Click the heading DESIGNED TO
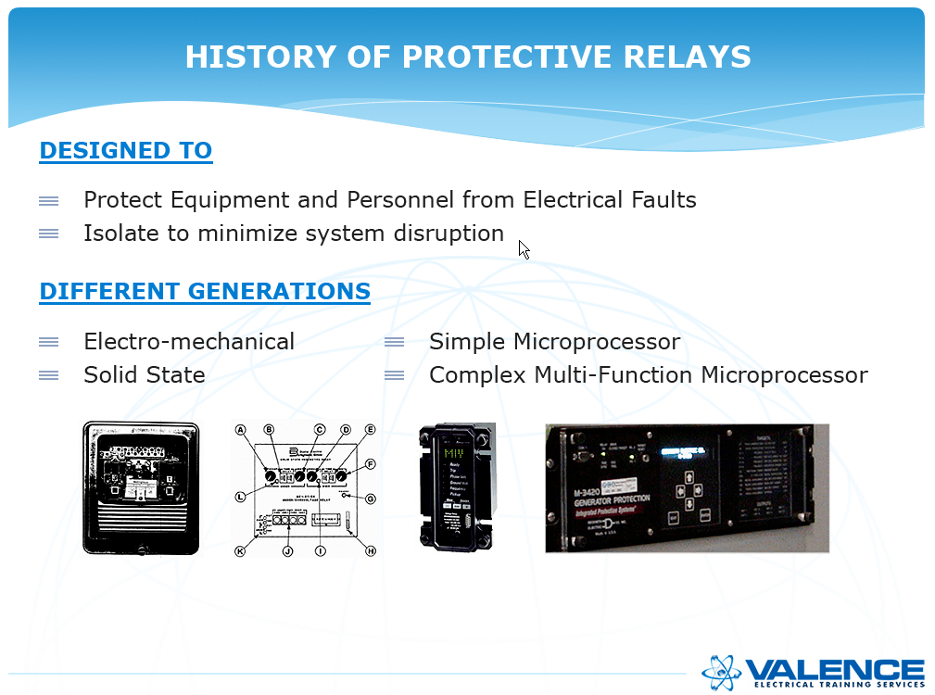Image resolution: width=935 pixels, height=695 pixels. (x=125, y=151)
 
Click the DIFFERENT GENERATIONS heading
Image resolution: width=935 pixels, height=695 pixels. (x=205, y=292)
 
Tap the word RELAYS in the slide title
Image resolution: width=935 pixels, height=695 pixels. (x=690, y=57)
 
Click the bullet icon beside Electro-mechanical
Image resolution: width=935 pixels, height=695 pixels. (x=49, y=342)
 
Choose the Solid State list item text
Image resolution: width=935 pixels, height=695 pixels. (x=145, y=375)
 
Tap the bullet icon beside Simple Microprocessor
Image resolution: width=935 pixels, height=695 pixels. (x=395, y=342)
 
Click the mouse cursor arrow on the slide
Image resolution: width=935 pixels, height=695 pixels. (x=524, y=249)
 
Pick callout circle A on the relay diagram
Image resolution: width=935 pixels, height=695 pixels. (x=241, y=430)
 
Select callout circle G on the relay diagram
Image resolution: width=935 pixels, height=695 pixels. (x=371, y=498)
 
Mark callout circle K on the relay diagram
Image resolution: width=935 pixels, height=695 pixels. (x=240, y=551)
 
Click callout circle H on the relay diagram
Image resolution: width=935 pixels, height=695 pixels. (x=371, y=551)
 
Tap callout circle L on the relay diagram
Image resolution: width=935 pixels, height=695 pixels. (x=240, y=498)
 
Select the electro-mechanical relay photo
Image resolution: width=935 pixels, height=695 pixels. (x=141, y=488)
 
